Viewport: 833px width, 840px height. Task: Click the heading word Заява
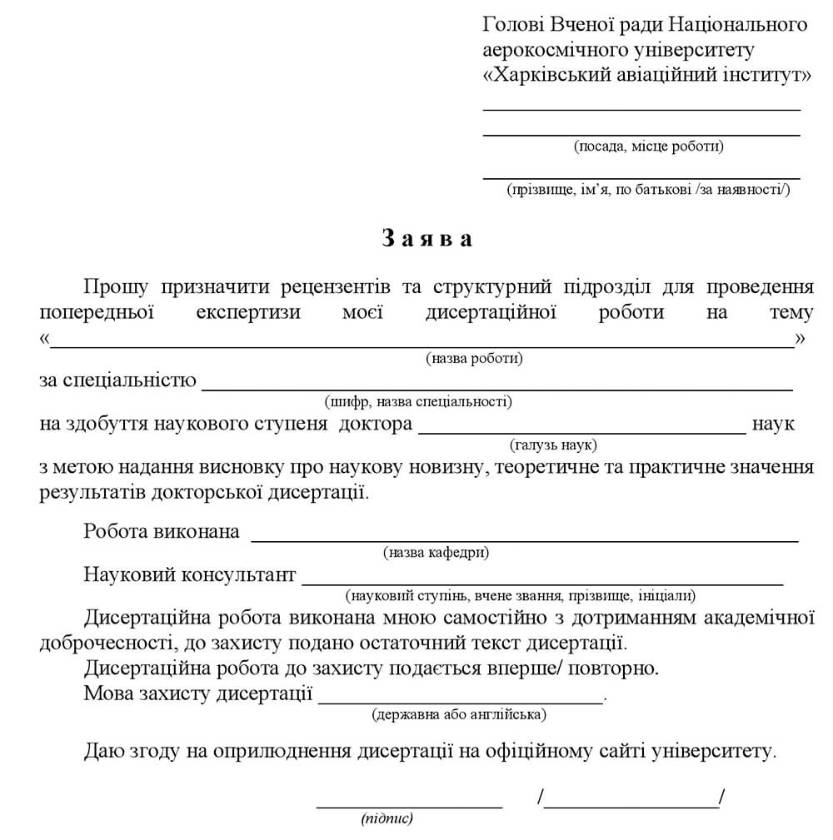[427, 239]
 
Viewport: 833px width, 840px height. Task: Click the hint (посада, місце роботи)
[648, 147]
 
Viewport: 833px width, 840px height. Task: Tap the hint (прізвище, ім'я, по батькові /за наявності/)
[648, 191]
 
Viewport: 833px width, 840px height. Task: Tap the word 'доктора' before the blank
[380, 424]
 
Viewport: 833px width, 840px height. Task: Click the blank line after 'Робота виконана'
[525, 538]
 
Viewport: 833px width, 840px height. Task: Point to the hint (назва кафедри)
[436, 553]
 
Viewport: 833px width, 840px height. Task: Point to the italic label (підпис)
[387, 819]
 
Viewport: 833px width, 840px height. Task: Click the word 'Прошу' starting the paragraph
[116, 287]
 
